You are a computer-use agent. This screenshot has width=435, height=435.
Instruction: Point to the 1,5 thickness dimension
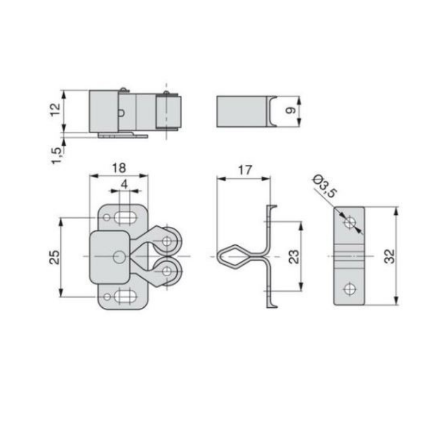pyautogui.click(x=57, y=156)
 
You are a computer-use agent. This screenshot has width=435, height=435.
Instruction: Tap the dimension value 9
pyautogui.click(x=291, y=111)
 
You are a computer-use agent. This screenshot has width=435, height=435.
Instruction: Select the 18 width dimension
pyautogui.click(x=119, y=168)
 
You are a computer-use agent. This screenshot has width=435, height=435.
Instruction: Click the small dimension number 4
pyautogui.click(x=125, y=184)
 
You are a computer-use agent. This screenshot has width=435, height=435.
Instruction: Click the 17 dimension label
pyautogui.click(x=245, y=170)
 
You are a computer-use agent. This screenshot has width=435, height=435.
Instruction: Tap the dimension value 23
pyautogui.click(x=294, y=257)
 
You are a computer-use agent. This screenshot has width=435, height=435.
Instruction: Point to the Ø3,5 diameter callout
pyautogui.click(x=325, y=186)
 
